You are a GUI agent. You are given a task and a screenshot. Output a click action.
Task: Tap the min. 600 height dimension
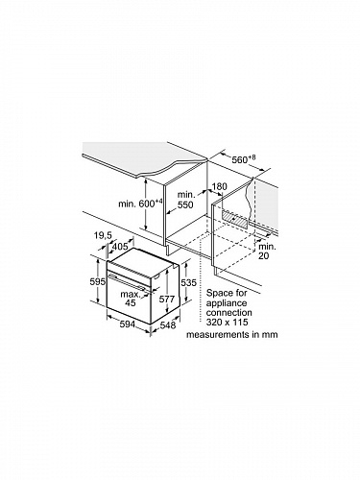click(141, 204)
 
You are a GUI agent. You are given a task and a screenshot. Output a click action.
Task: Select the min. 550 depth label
click(185, 200)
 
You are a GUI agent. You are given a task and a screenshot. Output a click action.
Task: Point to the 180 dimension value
click(219, 186)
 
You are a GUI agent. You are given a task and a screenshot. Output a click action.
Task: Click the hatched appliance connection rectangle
click(235, 219)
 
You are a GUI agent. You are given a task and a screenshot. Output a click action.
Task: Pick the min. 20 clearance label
click(267, 252)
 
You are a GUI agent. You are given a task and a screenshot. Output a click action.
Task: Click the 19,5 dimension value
click(103, 236)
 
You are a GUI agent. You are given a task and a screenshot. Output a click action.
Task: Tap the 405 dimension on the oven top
click(120, 247)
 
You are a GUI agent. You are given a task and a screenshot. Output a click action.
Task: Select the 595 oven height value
click(98, 282)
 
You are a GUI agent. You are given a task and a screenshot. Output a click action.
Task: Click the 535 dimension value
click(188, 282)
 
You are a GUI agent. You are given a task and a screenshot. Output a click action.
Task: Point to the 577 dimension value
click(167, 300)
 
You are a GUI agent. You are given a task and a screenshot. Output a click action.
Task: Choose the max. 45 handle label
click(131, 299)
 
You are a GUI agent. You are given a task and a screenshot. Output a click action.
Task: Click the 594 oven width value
click(128, 324)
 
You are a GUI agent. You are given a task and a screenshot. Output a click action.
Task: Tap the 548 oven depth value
click(168, 325)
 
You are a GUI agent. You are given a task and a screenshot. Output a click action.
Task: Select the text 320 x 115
click(227, 322)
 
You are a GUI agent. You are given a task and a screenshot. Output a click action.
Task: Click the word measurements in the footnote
click(214, 335)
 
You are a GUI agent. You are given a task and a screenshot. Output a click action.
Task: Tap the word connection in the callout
click(229, 312)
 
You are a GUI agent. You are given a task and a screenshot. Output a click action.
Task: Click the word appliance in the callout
click(227, 303)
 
